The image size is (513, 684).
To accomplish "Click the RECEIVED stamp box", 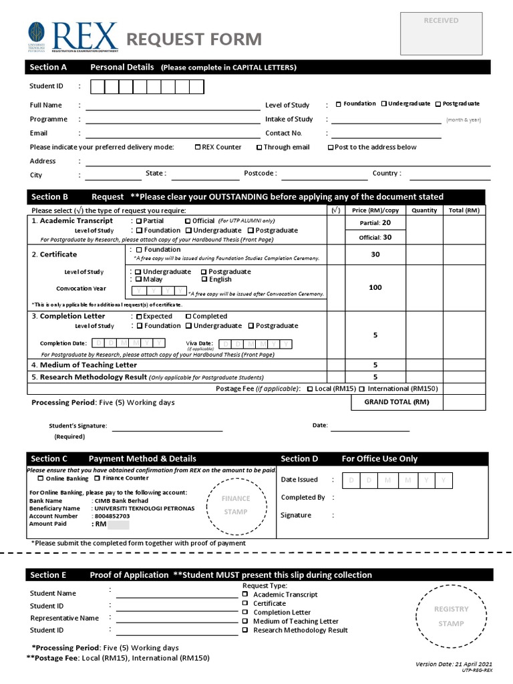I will point(441,33).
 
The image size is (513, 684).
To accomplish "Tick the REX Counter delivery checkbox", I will point(198,148).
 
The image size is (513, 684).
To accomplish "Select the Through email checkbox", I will point(259,148).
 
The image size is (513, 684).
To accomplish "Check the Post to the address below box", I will point(331,148).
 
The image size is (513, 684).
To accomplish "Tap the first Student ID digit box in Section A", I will point(97,87).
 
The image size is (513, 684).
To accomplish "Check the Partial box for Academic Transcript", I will point(139,221).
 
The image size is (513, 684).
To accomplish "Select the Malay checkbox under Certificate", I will point(138,280).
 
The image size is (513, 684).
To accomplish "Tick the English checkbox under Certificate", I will point(204,280).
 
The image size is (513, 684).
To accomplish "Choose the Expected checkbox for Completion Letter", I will point(139,317).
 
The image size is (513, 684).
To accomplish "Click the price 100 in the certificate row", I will point(375,287).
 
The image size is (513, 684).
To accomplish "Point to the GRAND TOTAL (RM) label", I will point(396,402).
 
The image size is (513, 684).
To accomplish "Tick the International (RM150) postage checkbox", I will point(362,389).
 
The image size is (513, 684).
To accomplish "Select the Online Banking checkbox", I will point(41,478).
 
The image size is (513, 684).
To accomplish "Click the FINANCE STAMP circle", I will point(236,505).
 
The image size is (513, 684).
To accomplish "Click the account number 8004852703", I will point(112,516).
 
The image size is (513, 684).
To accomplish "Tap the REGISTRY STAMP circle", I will point(451,616).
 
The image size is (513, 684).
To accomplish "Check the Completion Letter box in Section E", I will point(245,613).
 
